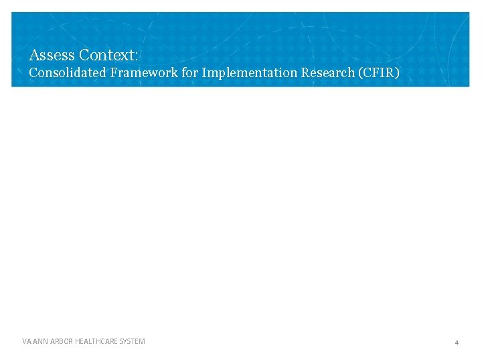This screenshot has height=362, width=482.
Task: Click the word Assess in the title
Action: [x=52, y=54]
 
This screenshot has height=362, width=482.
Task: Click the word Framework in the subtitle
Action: [x=143, y=72]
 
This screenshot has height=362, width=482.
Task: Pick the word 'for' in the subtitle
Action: [x=190, y=72]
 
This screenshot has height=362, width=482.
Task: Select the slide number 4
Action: [x=457, y=343]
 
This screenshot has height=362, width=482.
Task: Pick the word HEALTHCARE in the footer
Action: [x=98, y=342]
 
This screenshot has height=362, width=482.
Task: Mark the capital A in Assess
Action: [x=34, y=54]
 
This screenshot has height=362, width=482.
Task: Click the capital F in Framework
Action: [x=114, y=72]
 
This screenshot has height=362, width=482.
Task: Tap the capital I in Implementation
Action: [x=204, y=72]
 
